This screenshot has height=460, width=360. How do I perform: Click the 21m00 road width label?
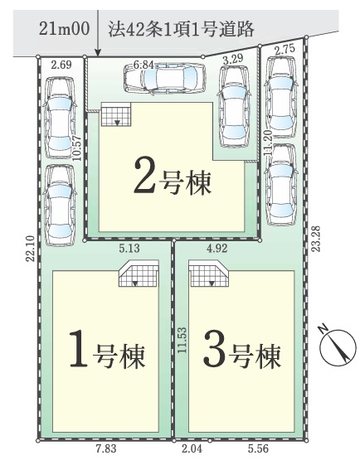pos(64,29)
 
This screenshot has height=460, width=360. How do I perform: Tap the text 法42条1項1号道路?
pos(181,29)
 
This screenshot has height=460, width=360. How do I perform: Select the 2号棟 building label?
pos(173,179)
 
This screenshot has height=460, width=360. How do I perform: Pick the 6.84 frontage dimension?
pos(144,65)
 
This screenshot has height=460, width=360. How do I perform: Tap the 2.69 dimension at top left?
pos(61,65)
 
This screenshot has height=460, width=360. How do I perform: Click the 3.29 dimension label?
pos(233,59)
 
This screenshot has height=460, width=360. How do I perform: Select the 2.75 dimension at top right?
pos(285,49)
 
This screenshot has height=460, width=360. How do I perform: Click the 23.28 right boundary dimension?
pos(316,238)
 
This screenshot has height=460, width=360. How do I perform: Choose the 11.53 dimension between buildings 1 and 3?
pos(182,340)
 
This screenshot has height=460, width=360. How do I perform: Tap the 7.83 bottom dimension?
pos(106,448)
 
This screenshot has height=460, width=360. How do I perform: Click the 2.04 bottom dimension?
pos(192,448)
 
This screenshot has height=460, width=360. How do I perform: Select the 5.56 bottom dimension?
pos(258,448)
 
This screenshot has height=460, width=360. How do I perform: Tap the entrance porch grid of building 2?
pos(116,114)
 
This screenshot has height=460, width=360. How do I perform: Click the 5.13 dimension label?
pos(129,249)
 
